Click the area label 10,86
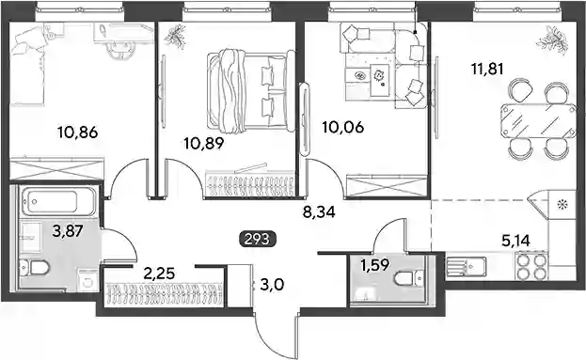78,133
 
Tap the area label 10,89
204,144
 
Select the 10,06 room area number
343,128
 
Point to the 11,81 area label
488,70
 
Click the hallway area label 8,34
319,212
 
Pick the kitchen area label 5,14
515,241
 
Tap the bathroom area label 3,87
68,231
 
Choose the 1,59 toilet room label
375,265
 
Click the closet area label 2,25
159,274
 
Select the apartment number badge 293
258,239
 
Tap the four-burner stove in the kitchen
531,266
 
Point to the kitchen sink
466,266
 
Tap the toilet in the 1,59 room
408,278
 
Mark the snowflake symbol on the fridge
562,204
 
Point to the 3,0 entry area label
272,286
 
